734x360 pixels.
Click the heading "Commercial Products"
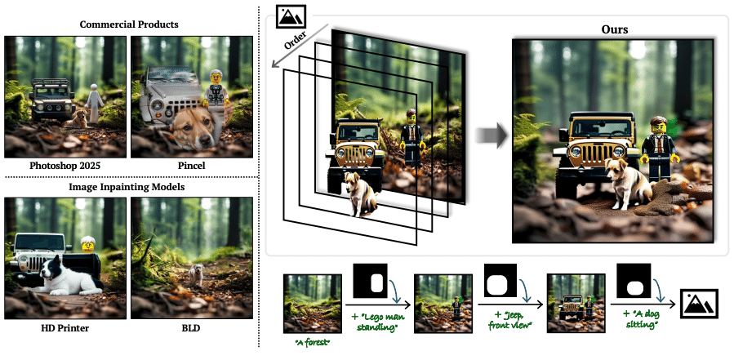pos(129,24)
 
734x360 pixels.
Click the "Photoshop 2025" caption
pos(66,166)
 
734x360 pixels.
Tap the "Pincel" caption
pos(193,166)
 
